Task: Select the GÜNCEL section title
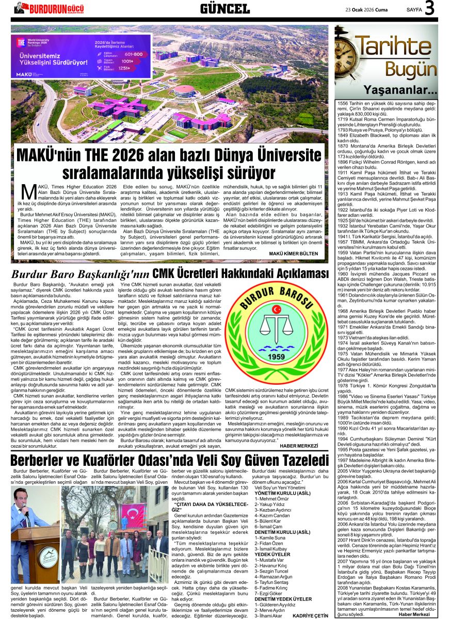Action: [x=224, y=8]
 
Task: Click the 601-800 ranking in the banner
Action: [x=134, y=54]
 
